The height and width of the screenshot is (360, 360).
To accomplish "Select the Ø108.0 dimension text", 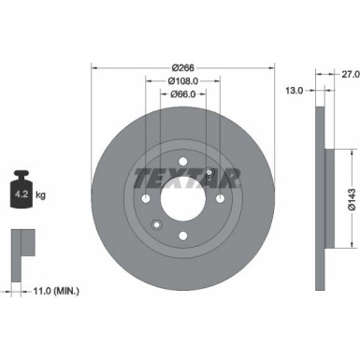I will [x=183, y=81].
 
